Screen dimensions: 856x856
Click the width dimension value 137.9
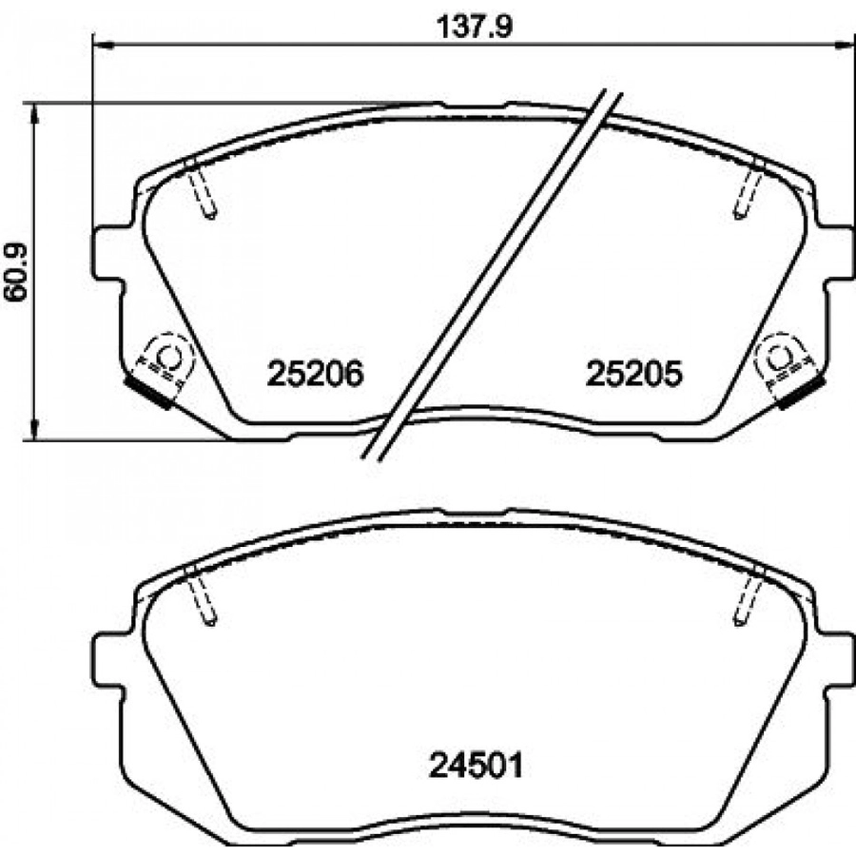(x=475, y=27)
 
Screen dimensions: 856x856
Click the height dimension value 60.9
(x=16, y=272)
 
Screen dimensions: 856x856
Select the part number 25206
(x=315, y=375)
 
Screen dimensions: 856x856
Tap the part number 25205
(x=633, y=375)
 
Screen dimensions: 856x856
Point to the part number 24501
(x=477, y=766)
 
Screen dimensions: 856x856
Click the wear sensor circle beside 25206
(x=168, y=357)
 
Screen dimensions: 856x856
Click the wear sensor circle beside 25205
(x=780, y=357)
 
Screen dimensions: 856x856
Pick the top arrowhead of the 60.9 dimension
(x=35, y=113)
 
